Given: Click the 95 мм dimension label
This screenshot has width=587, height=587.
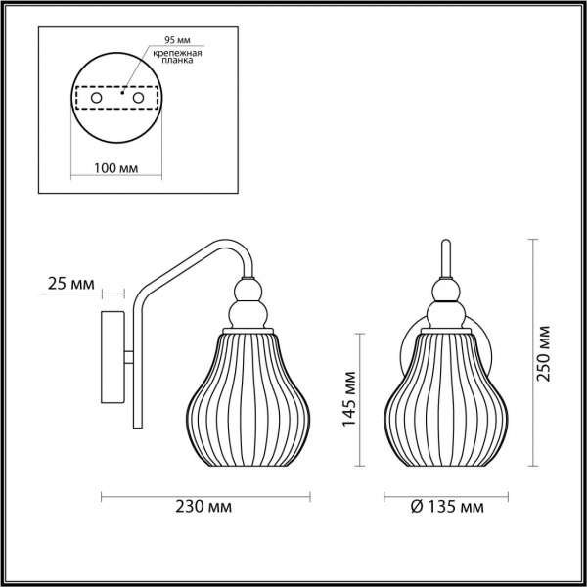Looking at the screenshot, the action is pos(177,40).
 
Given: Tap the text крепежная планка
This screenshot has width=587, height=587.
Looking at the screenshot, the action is pos(177,57).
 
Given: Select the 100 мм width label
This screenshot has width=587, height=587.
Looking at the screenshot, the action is pos(115,168).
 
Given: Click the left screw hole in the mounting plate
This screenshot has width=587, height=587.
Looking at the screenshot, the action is pos(97,98).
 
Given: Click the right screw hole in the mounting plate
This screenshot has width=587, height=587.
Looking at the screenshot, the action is pos(138,98).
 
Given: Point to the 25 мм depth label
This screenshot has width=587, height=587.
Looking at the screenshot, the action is pos(71,284).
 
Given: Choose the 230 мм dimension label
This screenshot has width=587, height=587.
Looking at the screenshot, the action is pos(203,507).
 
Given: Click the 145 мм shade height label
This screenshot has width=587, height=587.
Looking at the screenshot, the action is pos(349,399).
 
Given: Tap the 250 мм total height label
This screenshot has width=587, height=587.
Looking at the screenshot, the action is pos(543,353).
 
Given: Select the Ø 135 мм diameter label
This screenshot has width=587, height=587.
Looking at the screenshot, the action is pos(447,507).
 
